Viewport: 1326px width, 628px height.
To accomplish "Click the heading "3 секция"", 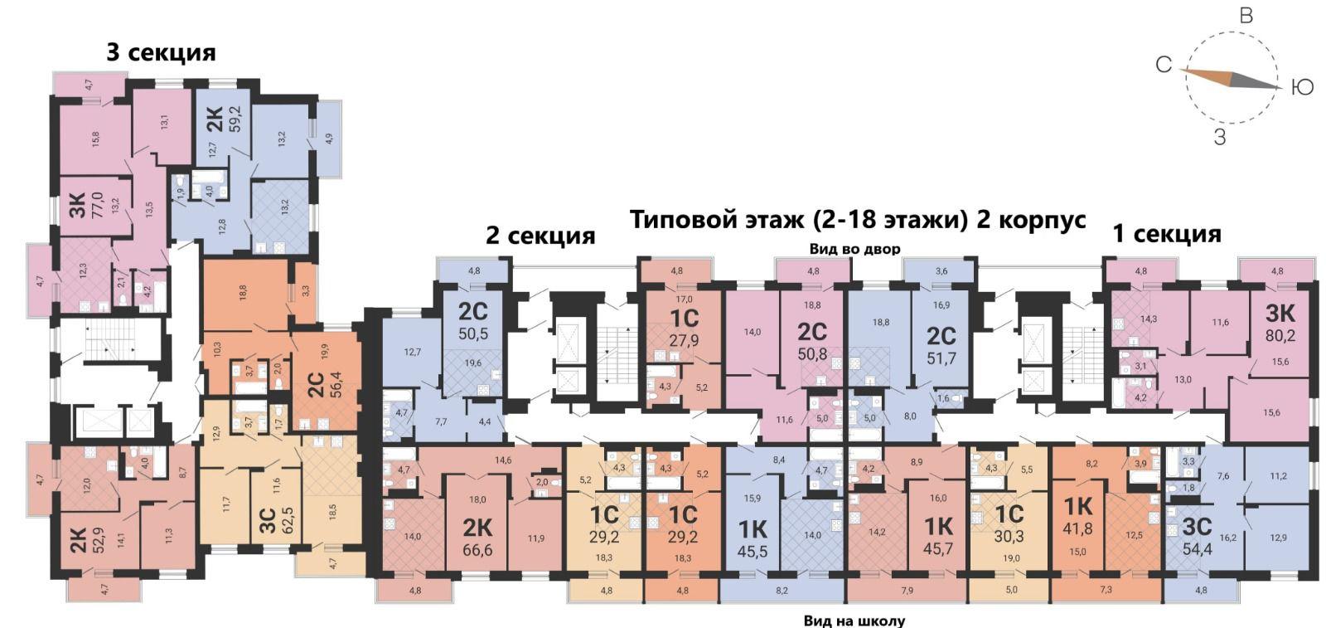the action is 161,53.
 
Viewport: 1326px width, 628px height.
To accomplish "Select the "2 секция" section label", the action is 540,236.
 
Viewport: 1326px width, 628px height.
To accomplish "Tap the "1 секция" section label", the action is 1168,233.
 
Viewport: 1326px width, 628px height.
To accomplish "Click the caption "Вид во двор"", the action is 854,249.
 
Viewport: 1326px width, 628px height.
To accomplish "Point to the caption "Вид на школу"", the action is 854,621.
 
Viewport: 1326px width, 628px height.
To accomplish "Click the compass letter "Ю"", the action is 1302,88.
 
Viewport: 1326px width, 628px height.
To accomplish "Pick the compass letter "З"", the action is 1219,138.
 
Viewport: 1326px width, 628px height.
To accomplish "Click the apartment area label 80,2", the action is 1280,336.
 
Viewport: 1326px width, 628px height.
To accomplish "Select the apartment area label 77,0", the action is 97,204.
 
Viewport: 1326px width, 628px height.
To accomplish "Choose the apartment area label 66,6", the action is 477,550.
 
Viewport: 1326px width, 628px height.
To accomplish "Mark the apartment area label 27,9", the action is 685,341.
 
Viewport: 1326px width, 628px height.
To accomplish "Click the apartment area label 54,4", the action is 1198,549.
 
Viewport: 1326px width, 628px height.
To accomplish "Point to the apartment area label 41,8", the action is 1077,528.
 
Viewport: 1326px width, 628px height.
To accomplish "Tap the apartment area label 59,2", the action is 235,119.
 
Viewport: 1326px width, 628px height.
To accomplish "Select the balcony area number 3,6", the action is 941,271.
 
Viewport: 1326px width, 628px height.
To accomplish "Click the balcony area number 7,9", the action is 907,590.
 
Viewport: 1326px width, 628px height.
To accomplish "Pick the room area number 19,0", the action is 1012,558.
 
